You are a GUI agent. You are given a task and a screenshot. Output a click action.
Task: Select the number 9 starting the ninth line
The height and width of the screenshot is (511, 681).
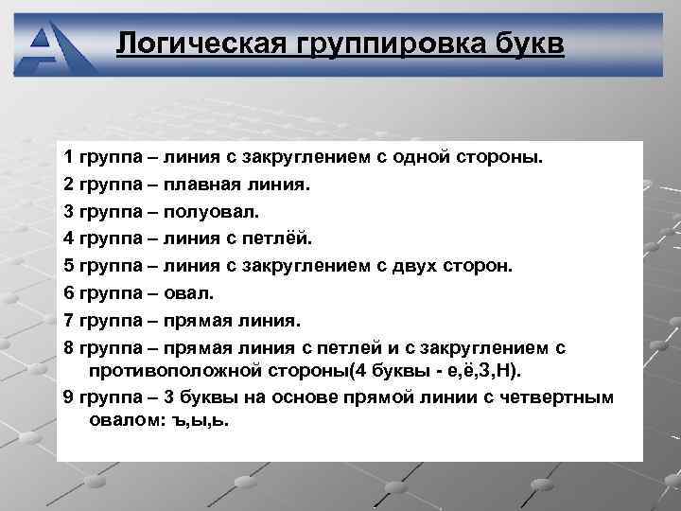coord(68,396)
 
